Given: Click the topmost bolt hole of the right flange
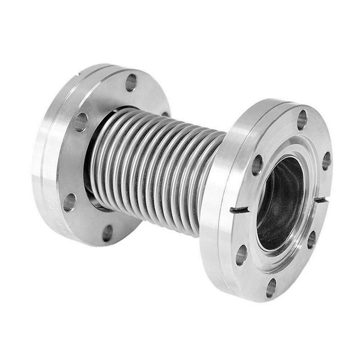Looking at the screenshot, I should [x=302, y=120].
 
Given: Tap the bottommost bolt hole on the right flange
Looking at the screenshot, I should [x=271, y=288].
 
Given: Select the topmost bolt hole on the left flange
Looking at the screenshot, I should [x=131, y=82].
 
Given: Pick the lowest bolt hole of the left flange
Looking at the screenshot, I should [x=108, y=233].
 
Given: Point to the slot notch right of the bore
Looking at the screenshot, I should [x=320, y=199].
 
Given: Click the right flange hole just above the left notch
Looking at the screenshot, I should [x=257, y=165].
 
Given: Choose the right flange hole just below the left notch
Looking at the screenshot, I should [x=242, y=255].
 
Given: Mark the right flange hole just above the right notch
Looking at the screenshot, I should [x=326, y=161].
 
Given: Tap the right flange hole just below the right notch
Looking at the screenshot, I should [x=311, y=240].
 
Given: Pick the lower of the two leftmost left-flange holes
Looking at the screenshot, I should [x=69, y=202].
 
